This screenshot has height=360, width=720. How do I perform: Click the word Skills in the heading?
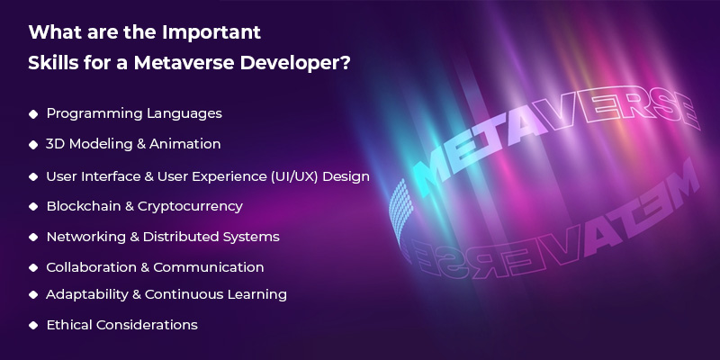[53, 67]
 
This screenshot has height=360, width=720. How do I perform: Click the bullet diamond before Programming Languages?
[33, 114]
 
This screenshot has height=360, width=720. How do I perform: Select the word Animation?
[186, 144]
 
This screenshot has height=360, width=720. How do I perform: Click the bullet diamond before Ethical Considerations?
[33, 324]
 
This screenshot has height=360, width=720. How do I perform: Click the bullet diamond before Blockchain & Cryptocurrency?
[33, 206]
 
